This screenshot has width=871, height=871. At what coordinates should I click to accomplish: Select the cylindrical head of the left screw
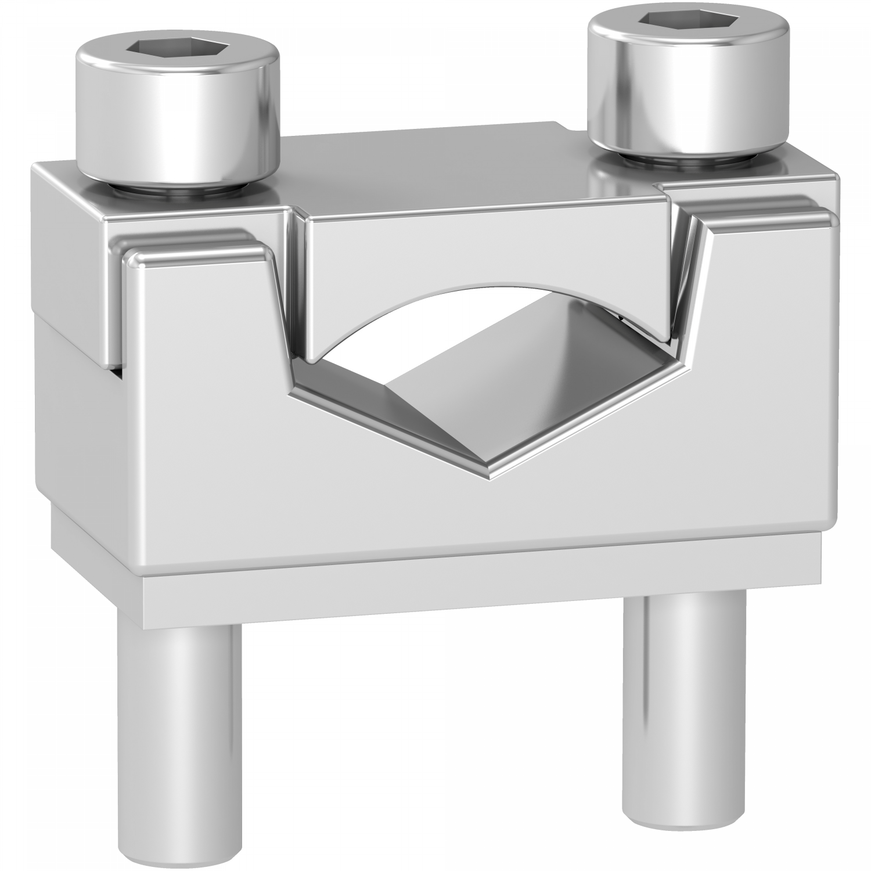point(177,128)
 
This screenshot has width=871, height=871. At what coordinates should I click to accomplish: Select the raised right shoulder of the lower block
point(766,221)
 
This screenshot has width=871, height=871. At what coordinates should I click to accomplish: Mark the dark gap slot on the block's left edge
point(118,372)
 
